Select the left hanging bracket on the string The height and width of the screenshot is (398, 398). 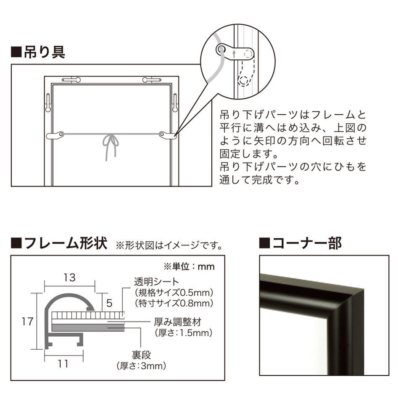(x=55, y=135)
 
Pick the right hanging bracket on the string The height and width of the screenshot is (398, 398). (x=168, y=135)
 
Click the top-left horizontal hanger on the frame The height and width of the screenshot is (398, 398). (x=72, y=79)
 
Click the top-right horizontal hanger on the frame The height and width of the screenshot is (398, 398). (x=152, y=79)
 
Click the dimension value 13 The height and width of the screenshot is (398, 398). (x=70, y=277)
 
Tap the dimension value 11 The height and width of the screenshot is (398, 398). (x=63, y=364)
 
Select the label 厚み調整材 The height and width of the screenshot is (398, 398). (x=177, y=323)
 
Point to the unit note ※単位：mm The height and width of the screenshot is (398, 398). (x=188, y=266)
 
